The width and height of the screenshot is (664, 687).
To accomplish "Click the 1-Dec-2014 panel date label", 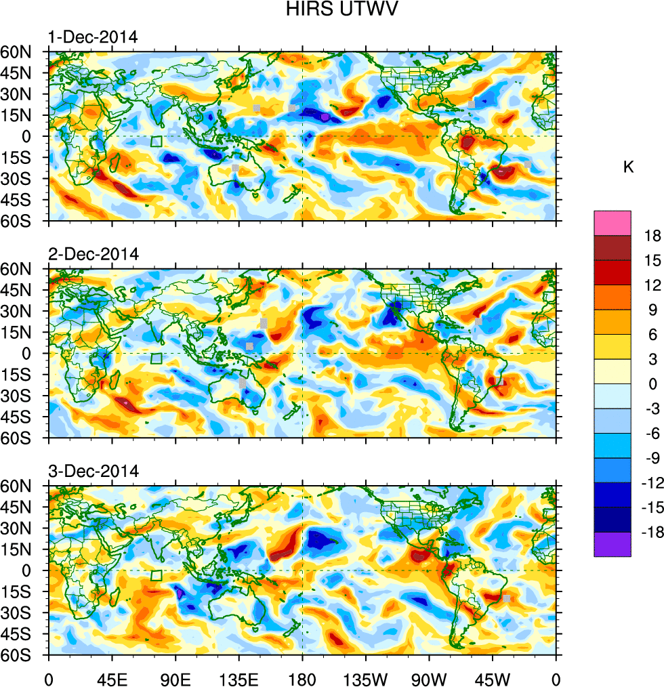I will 93,37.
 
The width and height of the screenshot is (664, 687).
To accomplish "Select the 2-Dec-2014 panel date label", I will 93,254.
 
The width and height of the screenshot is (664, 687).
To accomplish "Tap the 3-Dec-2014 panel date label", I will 93,471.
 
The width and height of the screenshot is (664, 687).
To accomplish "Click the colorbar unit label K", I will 628,167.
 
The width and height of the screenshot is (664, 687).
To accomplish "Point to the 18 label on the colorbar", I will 652,236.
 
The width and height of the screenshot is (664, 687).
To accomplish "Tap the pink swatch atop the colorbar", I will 613,223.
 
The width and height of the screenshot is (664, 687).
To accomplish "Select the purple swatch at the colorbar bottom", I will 613,544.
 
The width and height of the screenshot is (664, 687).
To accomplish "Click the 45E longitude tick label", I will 112,678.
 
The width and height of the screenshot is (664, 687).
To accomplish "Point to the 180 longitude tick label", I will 302,678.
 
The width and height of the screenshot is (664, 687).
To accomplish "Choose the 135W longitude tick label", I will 366,678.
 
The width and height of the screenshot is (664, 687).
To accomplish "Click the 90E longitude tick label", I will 175,678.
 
